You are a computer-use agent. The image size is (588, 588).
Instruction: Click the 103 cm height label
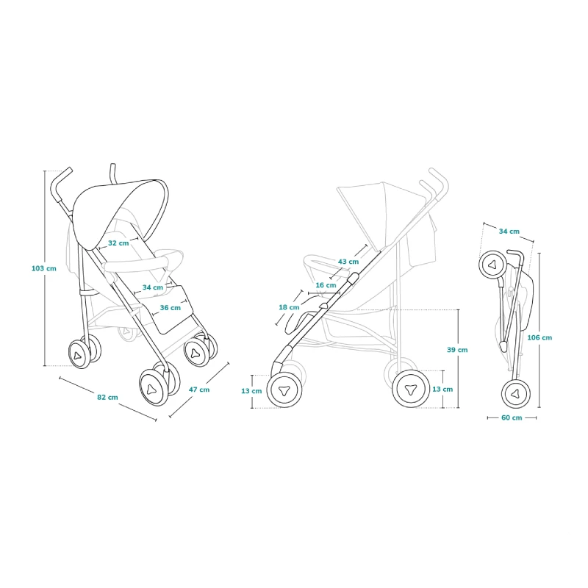point(44,268)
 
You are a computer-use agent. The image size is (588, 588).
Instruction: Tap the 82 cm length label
point(107,397)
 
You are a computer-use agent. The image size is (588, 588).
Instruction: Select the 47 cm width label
point(199,390)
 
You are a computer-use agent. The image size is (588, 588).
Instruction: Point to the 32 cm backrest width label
point(118,243)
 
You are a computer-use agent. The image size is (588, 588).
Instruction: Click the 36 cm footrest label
point(171,308)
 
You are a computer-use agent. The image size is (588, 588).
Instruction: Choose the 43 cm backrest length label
point(348,262)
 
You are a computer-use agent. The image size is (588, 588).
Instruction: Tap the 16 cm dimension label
point(326,285)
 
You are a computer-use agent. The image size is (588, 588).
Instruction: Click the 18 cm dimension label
point(289,307)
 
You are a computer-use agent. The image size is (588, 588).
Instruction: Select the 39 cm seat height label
point(457,350)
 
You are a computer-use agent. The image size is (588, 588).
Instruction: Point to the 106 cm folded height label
point(539,337)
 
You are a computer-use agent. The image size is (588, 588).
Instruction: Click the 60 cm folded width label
point(512,417)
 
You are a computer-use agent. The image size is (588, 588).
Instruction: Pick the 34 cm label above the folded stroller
point(509,232)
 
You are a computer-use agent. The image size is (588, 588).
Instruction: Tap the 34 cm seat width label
point(153,287)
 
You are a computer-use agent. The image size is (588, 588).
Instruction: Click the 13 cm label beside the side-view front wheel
point(251,391)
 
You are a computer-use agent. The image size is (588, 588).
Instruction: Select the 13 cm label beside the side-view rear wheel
point(442,390)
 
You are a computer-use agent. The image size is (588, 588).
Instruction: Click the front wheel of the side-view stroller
point(284,390)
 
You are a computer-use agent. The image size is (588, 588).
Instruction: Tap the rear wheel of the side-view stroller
point(411,389)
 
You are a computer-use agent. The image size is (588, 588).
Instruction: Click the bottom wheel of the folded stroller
point(516,394)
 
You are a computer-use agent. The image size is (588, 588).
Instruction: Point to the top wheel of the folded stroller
point(493,265)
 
